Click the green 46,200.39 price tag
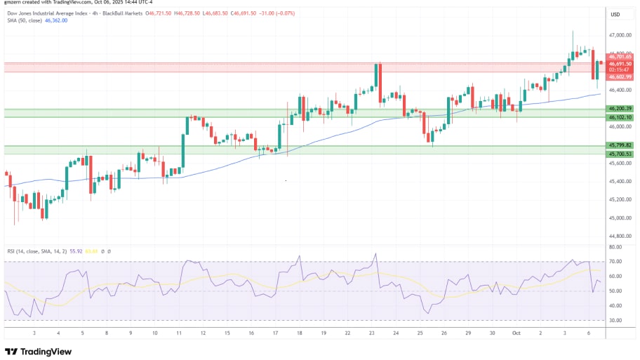[621, 109]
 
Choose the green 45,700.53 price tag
[621, 154]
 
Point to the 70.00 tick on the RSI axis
[615, 262]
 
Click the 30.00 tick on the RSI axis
[615, 321]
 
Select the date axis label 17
[274, 333]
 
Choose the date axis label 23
[372, 333]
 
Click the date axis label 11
[178, 333]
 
